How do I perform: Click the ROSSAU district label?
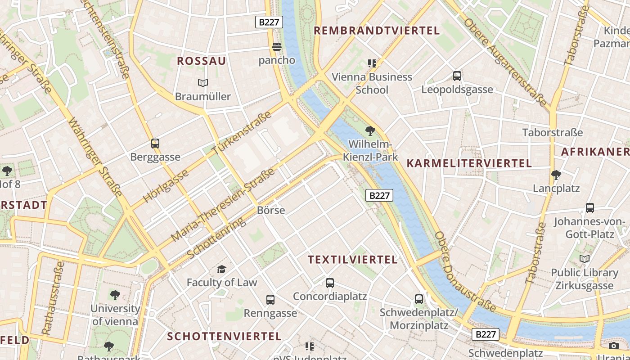pos(202,61)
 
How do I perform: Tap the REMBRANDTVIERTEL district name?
pos(376,31)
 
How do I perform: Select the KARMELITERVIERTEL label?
pos(469,163)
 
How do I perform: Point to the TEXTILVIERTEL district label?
pos(353,260)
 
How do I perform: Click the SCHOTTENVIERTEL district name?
pos(224,337)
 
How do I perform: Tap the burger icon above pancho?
pos(277,47)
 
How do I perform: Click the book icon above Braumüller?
pos(203,83)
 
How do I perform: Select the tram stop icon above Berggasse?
pos(155,144)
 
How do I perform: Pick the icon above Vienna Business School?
pos(372,63)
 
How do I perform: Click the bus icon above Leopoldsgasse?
pos(457,76)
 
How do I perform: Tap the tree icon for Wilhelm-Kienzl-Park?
pos(370,131)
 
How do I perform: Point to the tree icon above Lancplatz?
pos(556,175)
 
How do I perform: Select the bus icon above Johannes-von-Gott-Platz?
pos(590,208)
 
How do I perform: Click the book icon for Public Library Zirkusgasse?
pos(585,259)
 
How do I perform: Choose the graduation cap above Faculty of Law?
pos(221,269)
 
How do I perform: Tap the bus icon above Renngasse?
pos(270,299)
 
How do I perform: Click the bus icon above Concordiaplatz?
pos(330,283)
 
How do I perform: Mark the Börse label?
pos(271,210)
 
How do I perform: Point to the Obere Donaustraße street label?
pos(464,273)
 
